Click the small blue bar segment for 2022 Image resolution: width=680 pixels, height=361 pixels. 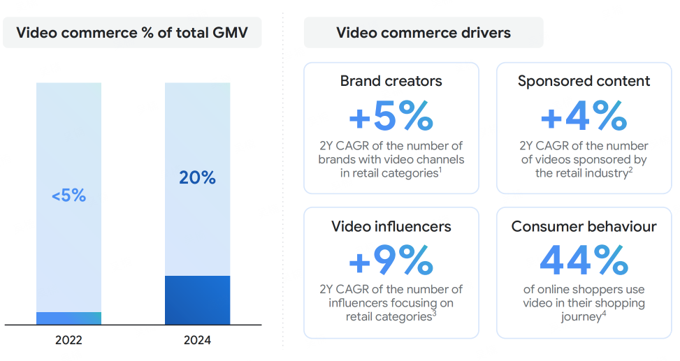[68, 318]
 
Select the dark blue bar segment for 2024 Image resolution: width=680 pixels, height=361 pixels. [197, 300]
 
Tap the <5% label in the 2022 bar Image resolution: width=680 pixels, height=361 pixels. [68, 196]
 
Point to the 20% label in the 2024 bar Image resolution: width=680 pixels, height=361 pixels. [197, 178]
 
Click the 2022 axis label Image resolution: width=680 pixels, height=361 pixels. [68, 341]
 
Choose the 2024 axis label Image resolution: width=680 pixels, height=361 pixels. [197, 341]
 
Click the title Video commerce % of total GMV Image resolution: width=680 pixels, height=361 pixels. [131, 32]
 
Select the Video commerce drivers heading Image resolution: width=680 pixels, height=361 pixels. [424, 32]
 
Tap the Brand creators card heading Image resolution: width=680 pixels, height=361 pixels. [391, 81]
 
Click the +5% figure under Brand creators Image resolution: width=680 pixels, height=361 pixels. [391, 117]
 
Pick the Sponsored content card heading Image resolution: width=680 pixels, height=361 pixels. [584, 81]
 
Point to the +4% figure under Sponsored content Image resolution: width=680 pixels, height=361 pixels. [584, 117]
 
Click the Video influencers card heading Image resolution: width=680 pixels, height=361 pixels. [391, 226]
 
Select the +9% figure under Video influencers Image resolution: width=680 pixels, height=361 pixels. [391, 260]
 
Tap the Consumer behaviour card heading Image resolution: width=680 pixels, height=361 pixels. [584, 226]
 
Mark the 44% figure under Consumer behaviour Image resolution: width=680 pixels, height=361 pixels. [584, 260]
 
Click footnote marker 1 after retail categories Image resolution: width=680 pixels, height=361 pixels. [440, 170]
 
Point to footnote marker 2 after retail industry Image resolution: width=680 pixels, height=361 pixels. [630, 170]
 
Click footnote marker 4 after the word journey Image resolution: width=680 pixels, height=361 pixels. [604, 314]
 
